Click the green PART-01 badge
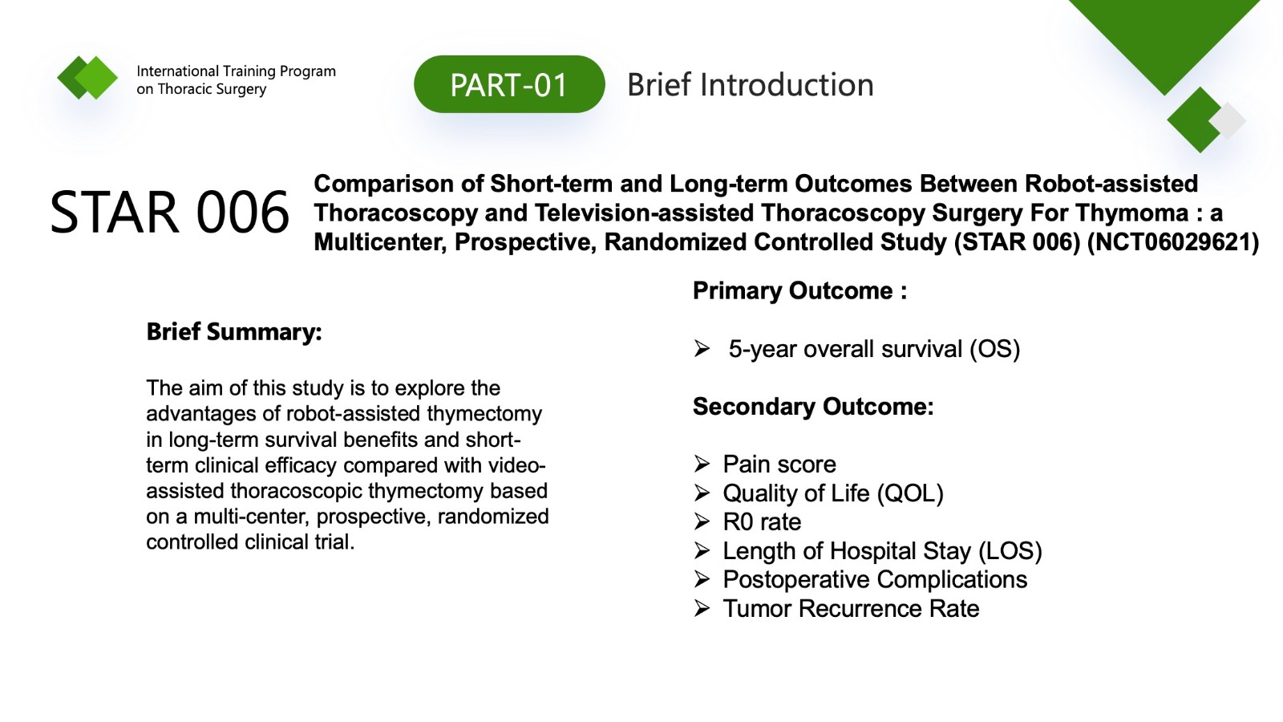click(509, 84)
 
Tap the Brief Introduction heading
click(751, 85)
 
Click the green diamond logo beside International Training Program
click(87, 77)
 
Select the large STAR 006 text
click(169, 212)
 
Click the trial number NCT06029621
click(1172, 241)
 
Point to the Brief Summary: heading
click(234, 332)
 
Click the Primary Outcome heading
click(800, 290)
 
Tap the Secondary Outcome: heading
click(813, 406)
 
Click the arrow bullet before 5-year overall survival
click(702, 348)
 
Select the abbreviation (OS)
click(995, 349)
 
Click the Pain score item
click(779, 464)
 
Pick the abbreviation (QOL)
click(910, 493)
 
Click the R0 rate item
click(762, 522)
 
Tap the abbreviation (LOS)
click(1010, 550)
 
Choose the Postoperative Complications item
click(875, 579)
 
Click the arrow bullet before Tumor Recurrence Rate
click(702, 608)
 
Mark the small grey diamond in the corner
click(1228, 120)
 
